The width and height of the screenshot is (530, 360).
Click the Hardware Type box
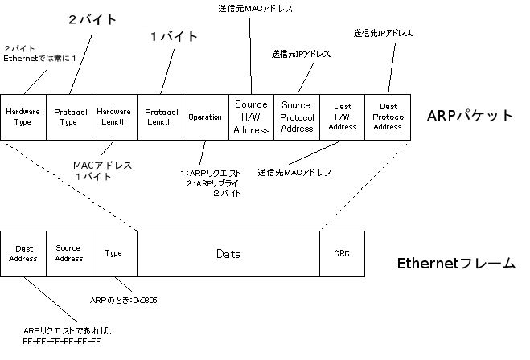click(23, 117)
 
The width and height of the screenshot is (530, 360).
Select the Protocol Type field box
click(69, 117)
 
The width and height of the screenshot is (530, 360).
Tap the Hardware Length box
click(115, 117)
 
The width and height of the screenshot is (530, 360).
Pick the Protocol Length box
click(161, 117)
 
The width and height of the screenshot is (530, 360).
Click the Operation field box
click(206, 117)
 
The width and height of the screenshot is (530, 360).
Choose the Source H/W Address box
click(252, 117)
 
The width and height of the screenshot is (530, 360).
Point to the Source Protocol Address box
click(297, 117)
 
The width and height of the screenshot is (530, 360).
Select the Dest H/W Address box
click(343, 117)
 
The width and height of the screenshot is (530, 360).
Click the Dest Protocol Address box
click(388, 117)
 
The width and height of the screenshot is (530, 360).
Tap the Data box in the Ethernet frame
click(228, 254)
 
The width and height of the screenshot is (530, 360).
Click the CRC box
click(342, 254)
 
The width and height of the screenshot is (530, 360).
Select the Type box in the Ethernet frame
click(114, 254)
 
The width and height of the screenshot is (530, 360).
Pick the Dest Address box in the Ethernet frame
click(23, 254)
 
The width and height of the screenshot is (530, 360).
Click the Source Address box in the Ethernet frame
click(69, 254)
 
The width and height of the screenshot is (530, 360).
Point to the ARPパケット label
click(470, 115)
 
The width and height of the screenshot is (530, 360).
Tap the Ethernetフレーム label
click(456, 263)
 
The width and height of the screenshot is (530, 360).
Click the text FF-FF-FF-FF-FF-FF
click(62, 342)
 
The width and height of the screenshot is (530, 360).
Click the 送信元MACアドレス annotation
click(255, 9)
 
